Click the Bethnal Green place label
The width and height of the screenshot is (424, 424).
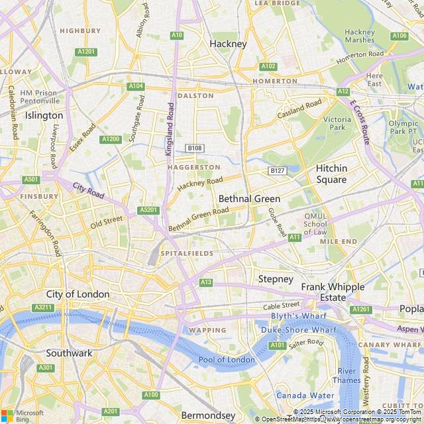pos(249,199)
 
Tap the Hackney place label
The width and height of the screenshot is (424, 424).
pos(228,44)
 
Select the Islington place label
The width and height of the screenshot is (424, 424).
pos(44,115)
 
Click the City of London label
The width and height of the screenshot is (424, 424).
pos(78,293)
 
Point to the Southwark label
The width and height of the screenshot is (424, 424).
pos(69,353)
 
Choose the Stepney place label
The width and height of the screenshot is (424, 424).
pos(276,279)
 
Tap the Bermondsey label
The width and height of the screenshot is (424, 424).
pos(208,415)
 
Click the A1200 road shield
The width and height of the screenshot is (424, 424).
pos(111,139)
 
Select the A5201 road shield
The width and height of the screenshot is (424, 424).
pos(149,210)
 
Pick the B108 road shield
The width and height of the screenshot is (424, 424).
pos(194,148)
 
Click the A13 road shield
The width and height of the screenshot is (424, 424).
pos(206,282)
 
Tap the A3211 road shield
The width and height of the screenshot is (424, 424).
pos(44,307)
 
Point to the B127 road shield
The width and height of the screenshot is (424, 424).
pos(278,171)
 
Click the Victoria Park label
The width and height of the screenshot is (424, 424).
pos(337,123)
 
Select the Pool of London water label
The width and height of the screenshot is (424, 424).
pos(227,360)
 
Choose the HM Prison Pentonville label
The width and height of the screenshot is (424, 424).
pos(39,97)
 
